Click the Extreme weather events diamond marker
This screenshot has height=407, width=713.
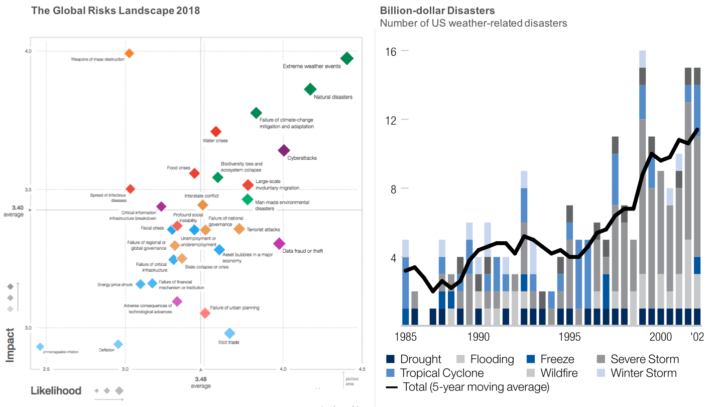click(346, 58)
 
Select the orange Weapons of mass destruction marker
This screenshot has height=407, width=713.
click(129, 53)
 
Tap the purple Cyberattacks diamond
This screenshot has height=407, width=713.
click(284, 150)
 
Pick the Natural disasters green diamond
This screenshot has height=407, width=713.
click(310, 89)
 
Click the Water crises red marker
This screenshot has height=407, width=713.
click(216, 132)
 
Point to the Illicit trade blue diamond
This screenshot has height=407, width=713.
click(229, 333)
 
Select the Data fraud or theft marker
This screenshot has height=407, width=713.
click(279, 243)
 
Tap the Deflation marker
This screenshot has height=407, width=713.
click(118, 344)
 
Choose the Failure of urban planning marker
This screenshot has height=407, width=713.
click(205, 313)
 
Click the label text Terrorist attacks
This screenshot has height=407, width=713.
click(263, 230)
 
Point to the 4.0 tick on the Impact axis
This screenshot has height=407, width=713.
click(28, 51)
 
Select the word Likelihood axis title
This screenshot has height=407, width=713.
click(56, 391)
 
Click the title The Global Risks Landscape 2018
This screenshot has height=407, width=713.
click(115, 11)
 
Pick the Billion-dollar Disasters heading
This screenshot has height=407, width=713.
click(437, 11)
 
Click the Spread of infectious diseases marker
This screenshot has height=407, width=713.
click(130, 189)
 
